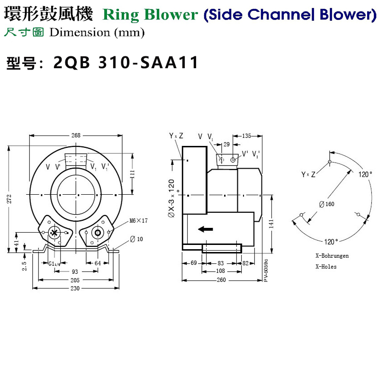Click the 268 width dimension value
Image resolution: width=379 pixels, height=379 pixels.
(76, 135)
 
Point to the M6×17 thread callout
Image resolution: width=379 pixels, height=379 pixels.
(139, 221)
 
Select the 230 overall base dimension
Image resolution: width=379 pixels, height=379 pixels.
(76, 288)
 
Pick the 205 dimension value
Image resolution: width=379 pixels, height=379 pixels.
(76, 280)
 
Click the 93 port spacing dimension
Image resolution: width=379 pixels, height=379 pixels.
(76, 271)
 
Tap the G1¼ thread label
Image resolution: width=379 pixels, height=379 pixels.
(55, 264)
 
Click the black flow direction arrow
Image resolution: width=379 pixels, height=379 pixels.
(205, 229)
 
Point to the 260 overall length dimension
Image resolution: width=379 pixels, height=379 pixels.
(221, 280)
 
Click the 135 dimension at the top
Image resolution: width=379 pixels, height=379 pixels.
(247, 136)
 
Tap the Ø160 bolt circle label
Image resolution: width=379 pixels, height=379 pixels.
(327, 204)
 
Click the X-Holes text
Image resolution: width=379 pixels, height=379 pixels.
(326, 267)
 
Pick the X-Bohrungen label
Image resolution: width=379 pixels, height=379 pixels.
(332, 256)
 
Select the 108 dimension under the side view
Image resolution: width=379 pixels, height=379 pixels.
(221, 271)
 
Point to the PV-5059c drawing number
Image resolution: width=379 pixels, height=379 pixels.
(266, 271)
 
